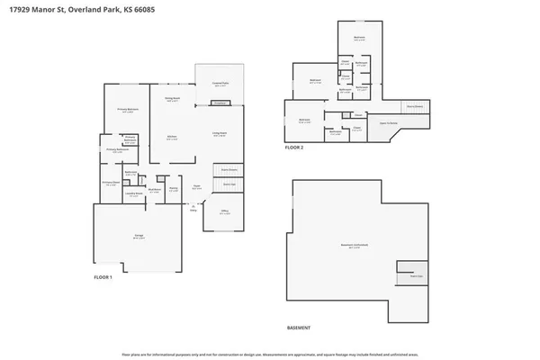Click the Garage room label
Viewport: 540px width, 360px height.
[x=139, y=236]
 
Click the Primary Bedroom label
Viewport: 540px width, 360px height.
[x=127, y=110]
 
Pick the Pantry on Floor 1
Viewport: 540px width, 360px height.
[x=174, y=189]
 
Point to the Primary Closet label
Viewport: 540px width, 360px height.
[x=111, y=184]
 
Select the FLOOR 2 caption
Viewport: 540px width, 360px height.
[x=295, y=147]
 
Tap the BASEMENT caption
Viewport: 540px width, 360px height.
[x=299, y=328]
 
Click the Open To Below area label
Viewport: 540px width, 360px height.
[x=389, y=123]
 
